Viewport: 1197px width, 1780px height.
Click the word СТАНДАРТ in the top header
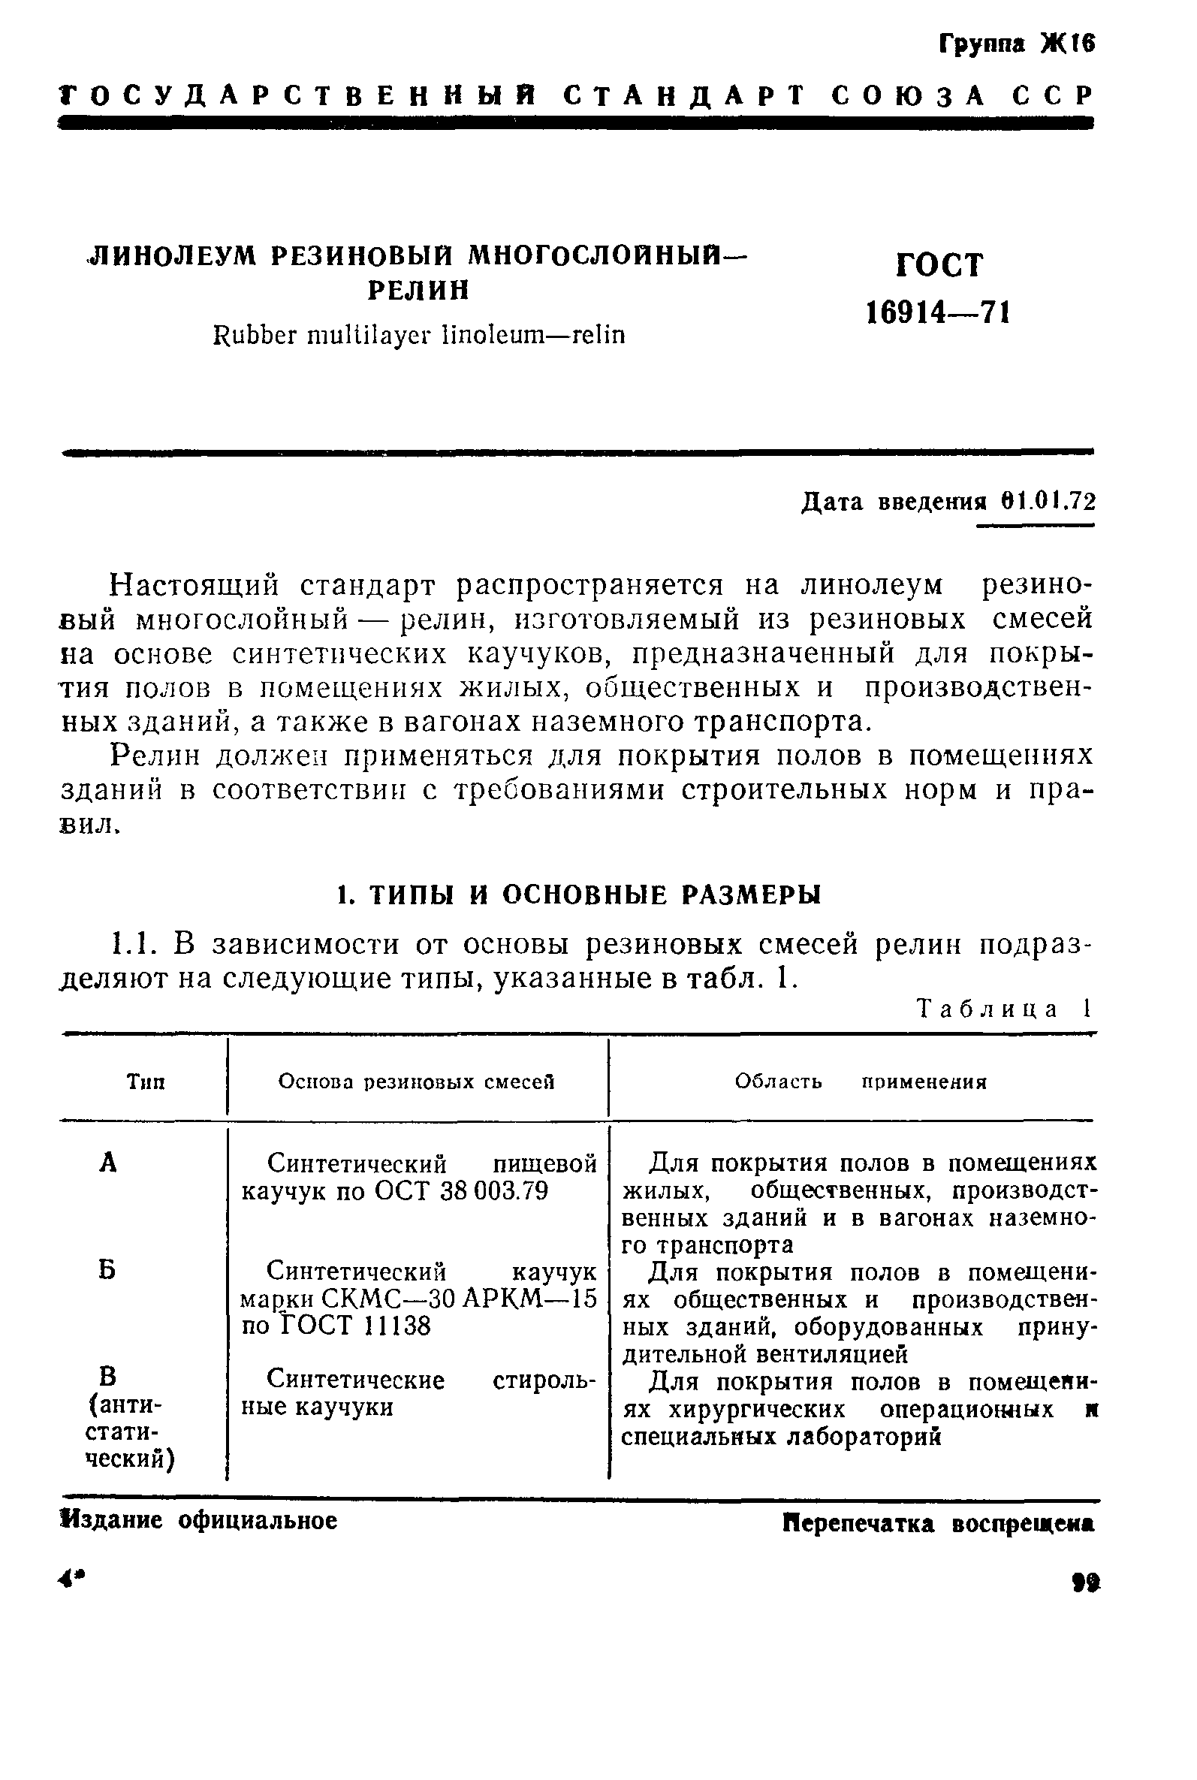(x=685, y=96)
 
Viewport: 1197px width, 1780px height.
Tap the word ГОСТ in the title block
(x=939, y=265)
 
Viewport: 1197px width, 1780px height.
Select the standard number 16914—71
(x=938, y=312)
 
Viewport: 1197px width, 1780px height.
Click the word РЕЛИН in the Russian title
(x=418, y=291)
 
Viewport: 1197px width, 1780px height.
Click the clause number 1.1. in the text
(x=133, y=945)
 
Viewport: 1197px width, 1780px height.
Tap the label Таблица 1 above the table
(x=1004, y=1009)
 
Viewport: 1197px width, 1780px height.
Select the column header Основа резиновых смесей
(x=416, y=1082)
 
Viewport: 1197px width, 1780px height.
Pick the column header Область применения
(x=861, y=1082)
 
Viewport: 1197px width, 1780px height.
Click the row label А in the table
(x=108, y=1163)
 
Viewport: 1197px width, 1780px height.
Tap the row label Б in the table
(x=107, y=1271)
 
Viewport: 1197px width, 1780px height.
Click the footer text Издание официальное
(x=199, y=1521)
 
